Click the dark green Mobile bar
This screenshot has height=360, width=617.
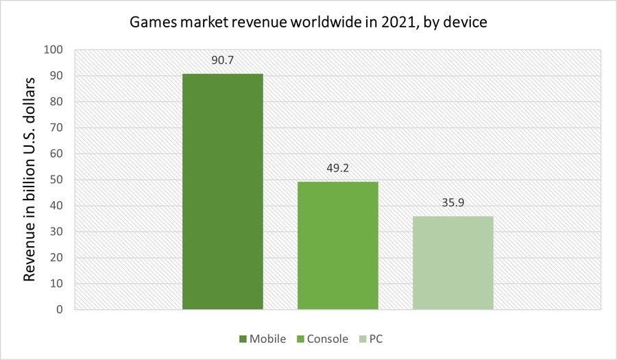(x=223, y=191)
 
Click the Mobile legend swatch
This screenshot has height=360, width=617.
(x=243, y=339)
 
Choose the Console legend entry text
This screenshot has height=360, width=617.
(x=328, y=339)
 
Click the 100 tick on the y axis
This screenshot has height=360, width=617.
(x=53, y=50)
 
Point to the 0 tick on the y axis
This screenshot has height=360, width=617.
(x=60, y=310)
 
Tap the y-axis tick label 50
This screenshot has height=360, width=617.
(x=56, y=180)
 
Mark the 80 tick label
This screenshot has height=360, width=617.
(x=56, y=101)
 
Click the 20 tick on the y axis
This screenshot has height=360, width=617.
(x=56, y=258)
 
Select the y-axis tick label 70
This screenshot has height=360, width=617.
(x=56, y=128)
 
